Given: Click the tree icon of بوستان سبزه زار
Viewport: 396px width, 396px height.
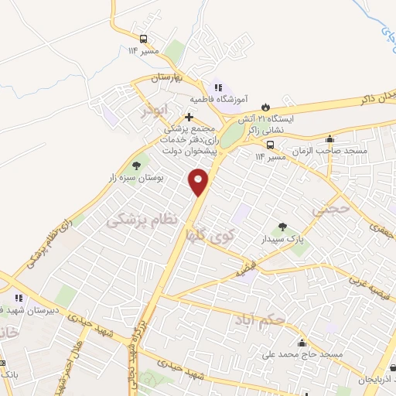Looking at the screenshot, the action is pos(137,165).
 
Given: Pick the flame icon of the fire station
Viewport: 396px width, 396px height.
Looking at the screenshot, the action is pos(267,107).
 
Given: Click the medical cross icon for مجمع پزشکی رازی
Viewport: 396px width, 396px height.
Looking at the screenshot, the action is pos(189,118).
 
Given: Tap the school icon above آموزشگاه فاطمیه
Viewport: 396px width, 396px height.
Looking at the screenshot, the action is pos(219,87).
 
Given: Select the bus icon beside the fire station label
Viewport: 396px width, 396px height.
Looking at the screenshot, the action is pos(270,144).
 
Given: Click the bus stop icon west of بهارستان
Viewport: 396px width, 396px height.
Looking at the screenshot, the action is pos(143,39).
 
